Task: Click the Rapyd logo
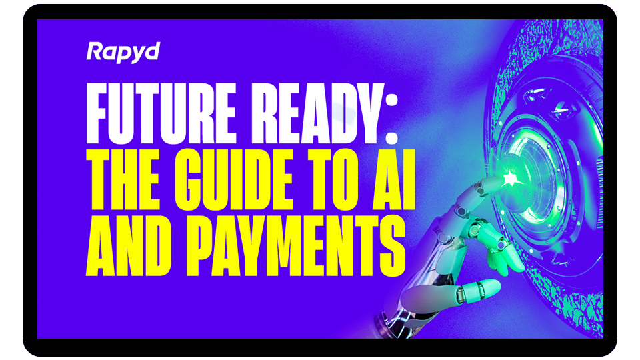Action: click(x=123, y=53)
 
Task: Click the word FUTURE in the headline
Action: click(x=161, y=113)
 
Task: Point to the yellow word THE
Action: click(x=123, y=179)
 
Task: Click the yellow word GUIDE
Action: click(x=234, y=179)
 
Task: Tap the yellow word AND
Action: click(x=128, y=246)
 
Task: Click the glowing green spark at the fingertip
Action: click(x=510, y=179)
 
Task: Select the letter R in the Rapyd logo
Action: click(x=95, y=51)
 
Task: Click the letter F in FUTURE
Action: click(x=98, y=113)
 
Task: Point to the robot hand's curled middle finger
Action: click(x=496, y=245)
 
